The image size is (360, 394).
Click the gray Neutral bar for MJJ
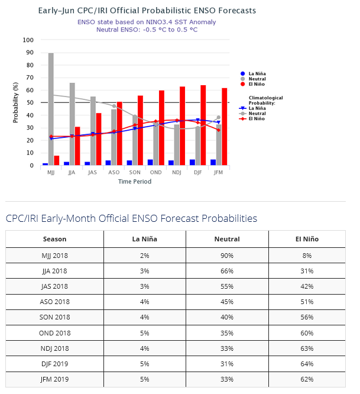[x=51, y=109]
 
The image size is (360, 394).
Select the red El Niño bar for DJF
[x=203, y=125]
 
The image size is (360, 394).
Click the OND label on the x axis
[x=155, y=173]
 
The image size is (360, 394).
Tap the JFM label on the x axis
[x=219, y=173]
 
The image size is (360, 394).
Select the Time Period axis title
[x=134, y=182]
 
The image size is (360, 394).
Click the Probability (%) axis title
[x=16, y=103]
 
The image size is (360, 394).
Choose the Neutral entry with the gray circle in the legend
[x=257, y=79]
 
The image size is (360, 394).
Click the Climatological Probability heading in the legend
[x=265, y=100]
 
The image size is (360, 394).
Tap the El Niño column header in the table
[x=307, y=239]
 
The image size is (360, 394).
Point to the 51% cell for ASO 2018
[x=307, y=302]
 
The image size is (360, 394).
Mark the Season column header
[x=55, y=239]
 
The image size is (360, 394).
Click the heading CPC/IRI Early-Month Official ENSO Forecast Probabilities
[x=131, y=218]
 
